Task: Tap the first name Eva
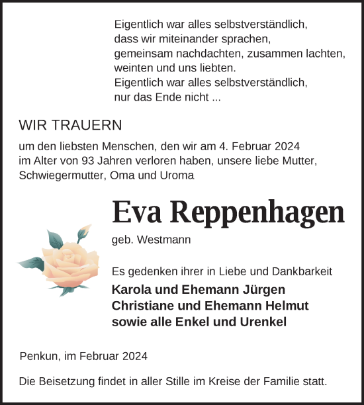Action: pyautogui.click(x=138, y=212)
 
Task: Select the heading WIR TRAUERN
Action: pyautogui.click(x=71, y=125)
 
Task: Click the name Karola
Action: pyautogui.click(x=131, y=290)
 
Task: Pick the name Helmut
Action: pyautogui.click(x=286, y=306)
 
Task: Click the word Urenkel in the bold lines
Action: pyautogui.click(x=264, y=322)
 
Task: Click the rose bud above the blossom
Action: pyautogui.click(x=83, y=234)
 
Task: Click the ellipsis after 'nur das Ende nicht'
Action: pyautogui.click(x=216, y=97)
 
